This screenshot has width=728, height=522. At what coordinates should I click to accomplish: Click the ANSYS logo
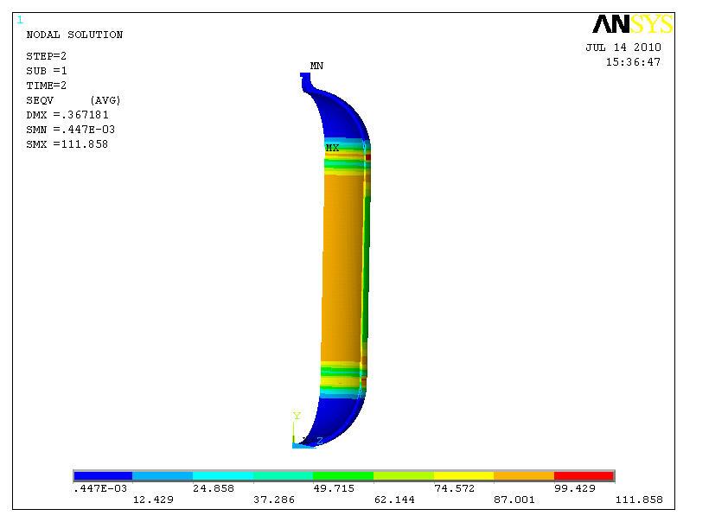click(632, 24)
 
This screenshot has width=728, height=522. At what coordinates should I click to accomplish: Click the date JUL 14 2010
click(623, 48)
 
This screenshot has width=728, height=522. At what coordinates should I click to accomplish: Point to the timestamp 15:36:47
click(633, 62)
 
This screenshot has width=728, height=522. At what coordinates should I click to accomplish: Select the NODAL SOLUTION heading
click(74, 35)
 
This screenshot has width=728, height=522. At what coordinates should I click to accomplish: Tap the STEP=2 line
click(47, 56)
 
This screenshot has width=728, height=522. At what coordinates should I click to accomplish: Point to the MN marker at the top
click(316, 66)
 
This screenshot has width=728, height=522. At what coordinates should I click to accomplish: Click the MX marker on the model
click(332, 148)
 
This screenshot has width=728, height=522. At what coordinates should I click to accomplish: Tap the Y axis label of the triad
click(297, 417)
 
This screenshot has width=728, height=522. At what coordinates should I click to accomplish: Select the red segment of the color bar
click(584, 475)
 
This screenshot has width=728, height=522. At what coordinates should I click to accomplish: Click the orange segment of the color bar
click(523, 475)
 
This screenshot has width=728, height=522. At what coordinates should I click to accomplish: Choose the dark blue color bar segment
click(103, 475)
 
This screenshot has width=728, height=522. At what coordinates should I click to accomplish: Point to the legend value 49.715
click(334, 488)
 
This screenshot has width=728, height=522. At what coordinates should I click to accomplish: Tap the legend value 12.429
click(152, 500)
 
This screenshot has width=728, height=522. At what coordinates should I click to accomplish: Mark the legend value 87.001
click(514, 500)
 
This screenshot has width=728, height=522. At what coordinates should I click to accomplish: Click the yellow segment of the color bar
click(463, 475)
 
